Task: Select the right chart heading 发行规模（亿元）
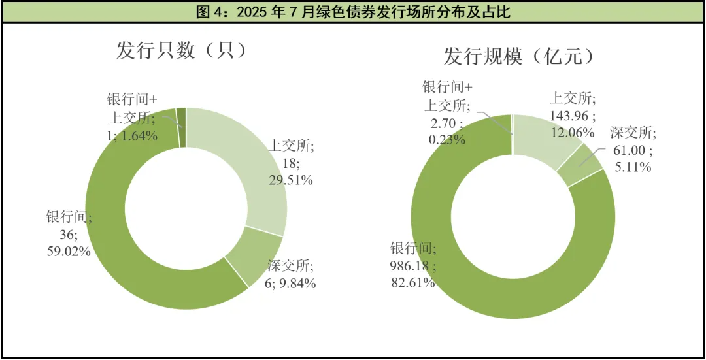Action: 520,56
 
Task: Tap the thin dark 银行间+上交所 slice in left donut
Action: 182,127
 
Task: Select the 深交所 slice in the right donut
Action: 585,167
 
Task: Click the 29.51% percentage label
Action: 290,180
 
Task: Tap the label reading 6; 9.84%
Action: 291,283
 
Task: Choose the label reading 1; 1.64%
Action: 133,136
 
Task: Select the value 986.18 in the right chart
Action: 410,265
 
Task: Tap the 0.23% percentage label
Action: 447,139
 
